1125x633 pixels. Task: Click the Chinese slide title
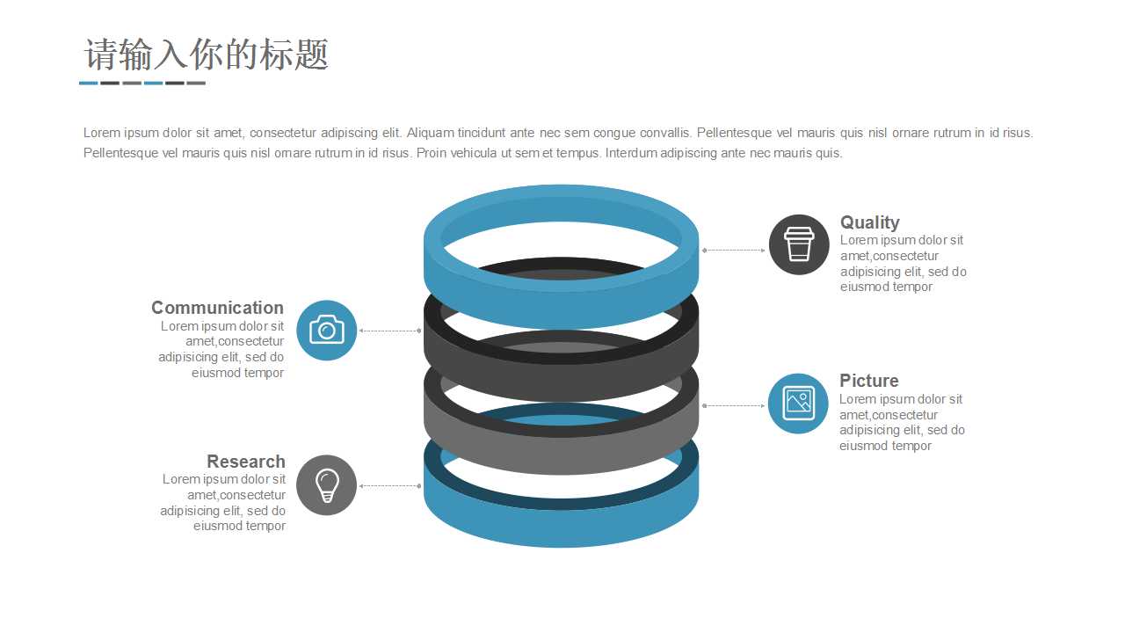(x=207, y=55)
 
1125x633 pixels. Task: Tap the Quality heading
(x=869, y=222)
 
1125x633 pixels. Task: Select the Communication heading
(x=217, y=308)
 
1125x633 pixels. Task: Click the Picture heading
(x=868, y=381)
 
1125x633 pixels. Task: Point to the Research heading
(x=245, y=462)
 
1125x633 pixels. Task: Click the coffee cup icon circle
(x=799, y=244)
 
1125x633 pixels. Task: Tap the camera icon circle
(x=327, y=331)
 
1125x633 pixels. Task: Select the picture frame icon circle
(x=798, y=404)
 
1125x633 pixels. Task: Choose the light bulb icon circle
(x=326, y=485)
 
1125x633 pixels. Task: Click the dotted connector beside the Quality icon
(x=734, y=251)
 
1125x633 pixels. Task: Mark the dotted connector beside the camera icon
(x=390, y=331)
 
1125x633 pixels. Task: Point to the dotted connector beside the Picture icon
(x=734, y=406)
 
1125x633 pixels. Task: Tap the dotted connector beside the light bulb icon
(x=390, y=486)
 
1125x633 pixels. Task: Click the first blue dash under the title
(x=88, y=84)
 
